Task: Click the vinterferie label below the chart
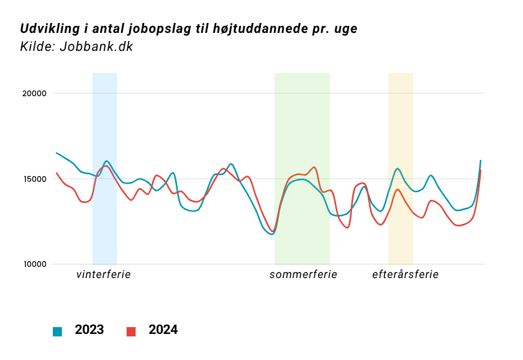coord(104,274)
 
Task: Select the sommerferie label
coord(303,274)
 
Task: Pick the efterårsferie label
coord(405,274)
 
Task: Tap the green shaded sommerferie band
coord(302,124)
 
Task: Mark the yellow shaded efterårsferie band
coord(401,124)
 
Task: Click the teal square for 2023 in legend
coord(58,331)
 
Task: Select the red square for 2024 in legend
coord(131,331)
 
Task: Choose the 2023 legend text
coord(89,330)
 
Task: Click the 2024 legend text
coord(163,330)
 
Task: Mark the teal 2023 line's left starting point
coord(57,153)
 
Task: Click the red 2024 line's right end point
coord(481,170)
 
